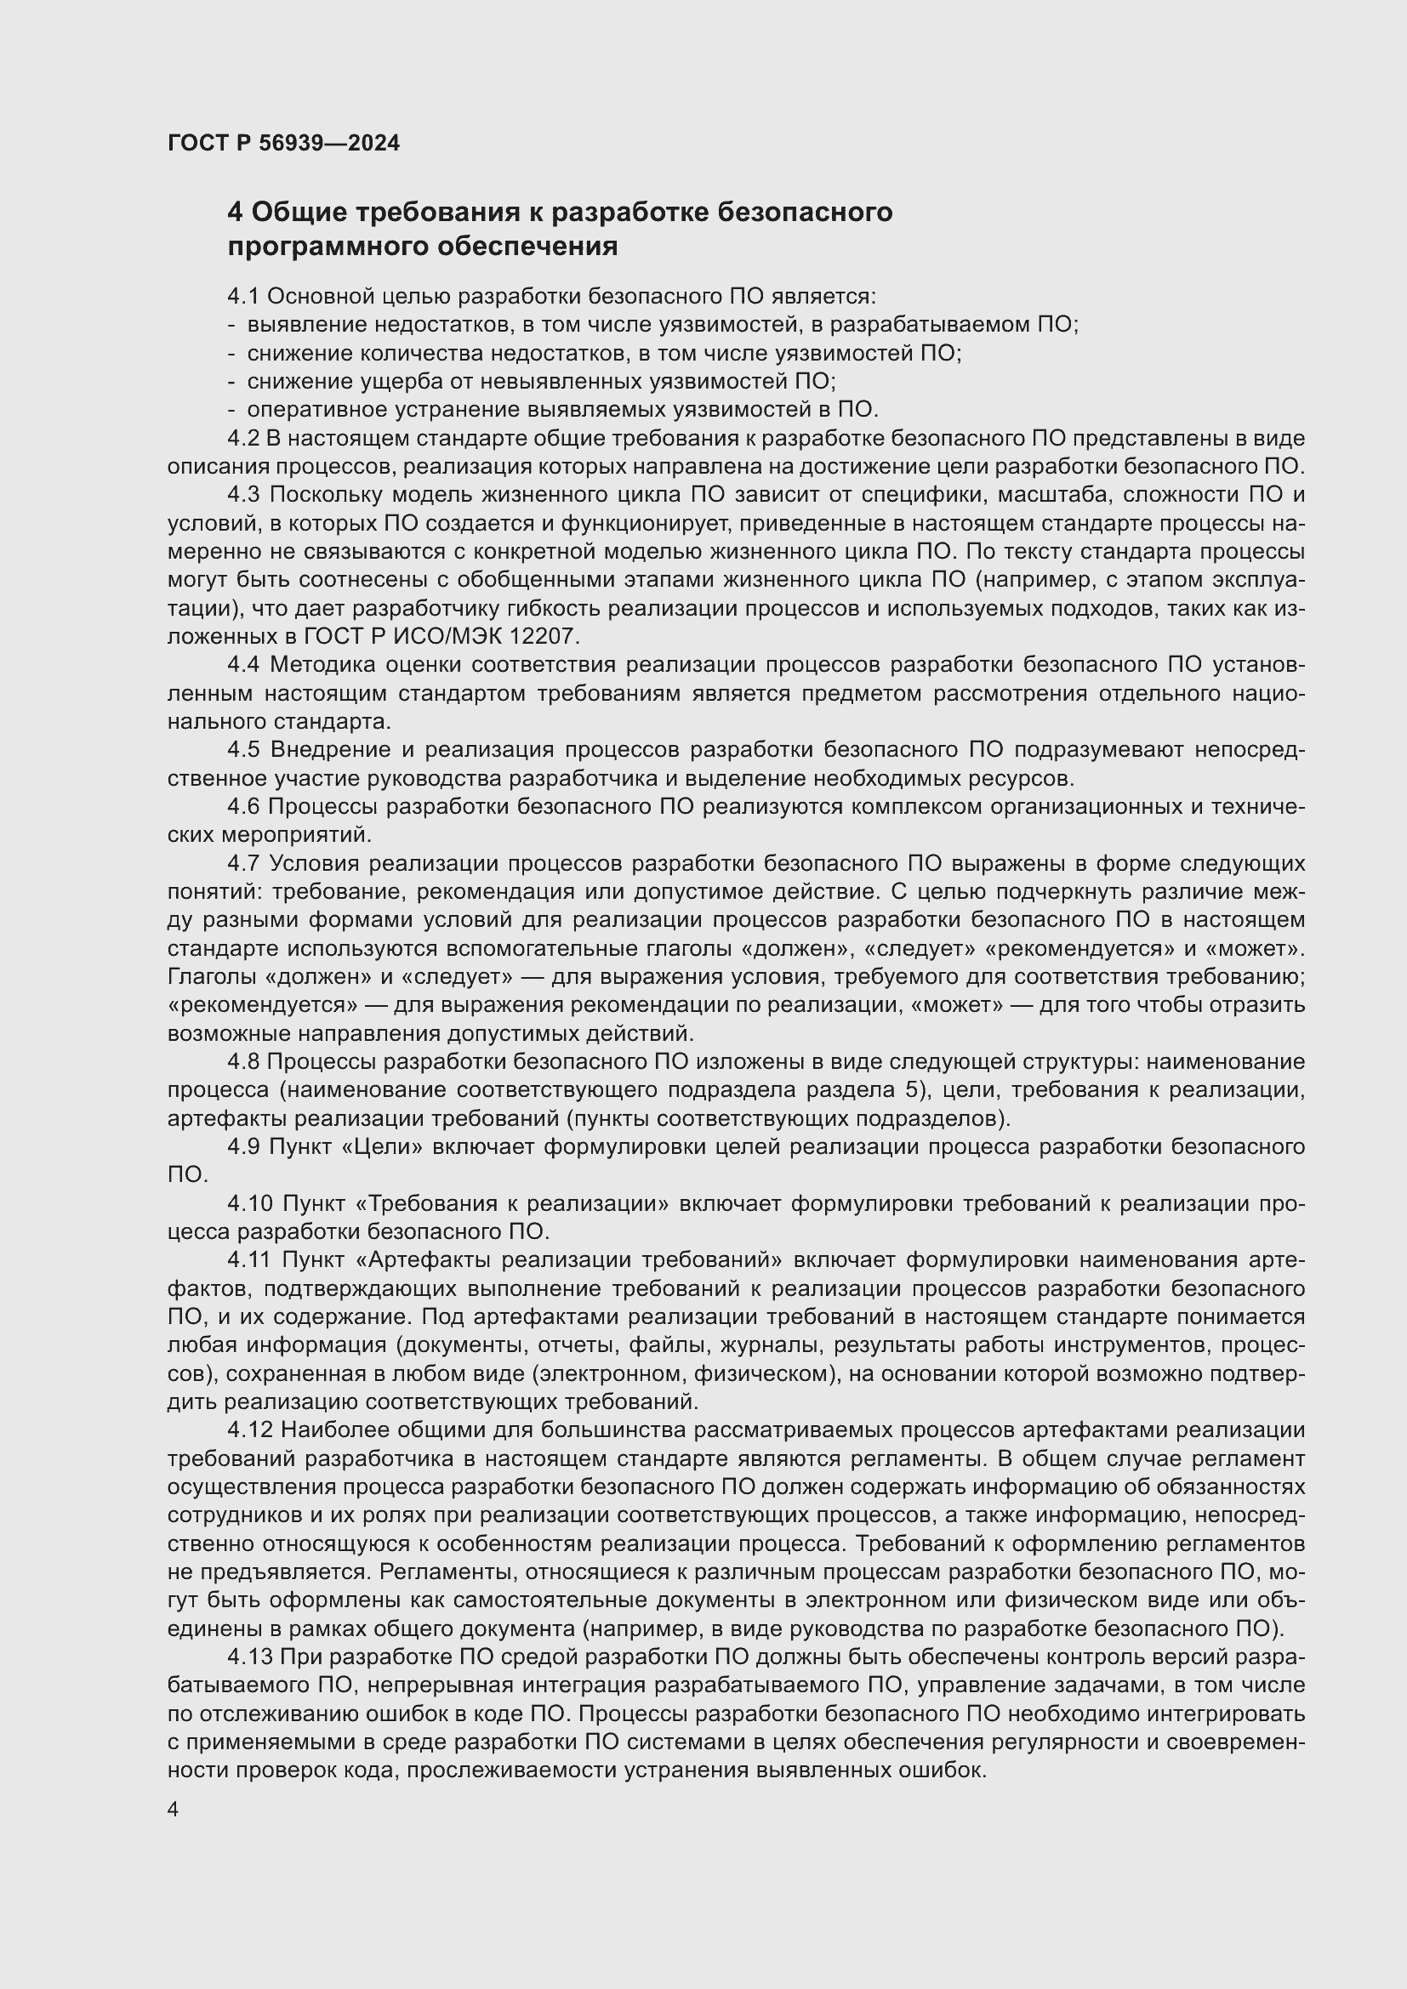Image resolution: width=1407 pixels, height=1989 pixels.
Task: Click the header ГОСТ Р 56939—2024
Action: coord(283,143)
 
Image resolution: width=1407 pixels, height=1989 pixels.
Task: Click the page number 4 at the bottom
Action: coord(174,1809)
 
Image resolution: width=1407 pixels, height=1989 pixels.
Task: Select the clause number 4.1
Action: coord(243,296)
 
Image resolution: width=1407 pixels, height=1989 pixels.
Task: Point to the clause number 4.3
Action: coord(244,495)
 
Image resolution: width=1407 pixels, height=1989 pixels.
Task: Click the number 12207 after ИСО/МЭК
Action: coord(541,637)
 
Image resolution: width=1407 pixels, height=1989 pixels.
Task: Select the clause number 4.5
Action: coord(244,749)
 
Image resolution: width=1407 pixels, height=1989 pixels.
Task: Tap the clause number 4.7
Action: coord(244,864)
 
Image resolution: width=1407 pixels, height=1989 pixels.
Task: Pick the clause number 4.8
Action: coord(243,1061)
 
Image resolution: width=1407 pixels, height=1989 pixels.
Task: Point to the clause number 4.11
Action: coord(249,1259)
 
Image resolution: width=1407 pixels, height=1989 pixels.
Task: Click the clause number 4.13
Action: coord(250,1657)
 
